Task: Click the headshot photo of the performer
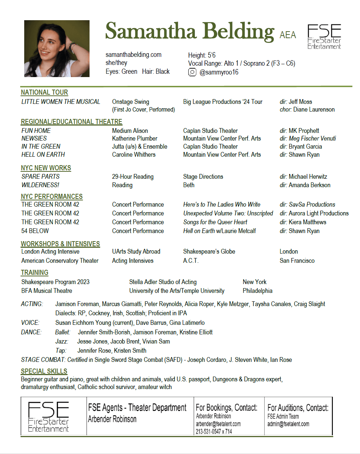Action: [x=57, y=48]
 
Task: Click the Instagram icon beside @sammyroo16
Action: [x=192, y=72]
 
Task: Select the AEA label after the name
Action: [x=288, y=35]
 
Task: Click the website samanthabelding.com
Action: [x=134, y=55]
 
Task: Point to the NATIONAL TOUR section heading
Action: [x=44, y=92]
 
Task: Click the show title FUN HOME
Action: [x=36, y=131]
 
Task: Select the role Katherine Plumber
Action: [x=135, y=138]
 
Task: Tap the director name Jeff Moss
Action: [x=300, y=102]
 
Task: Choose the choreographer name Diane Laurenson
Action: [x=314, y=109]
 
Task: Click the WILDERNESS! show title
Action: [x=40, y=185]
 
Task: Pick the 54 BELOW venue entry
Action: [x=35, y=231]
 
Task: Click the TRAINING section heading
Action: [x=34, y=273]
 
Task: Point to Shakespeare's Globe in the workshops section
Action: [x=209, y=251]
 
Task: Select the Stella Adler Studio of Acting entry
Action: [x=163, y=282]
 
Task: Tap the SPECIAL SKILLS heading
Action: [x=44, y=371]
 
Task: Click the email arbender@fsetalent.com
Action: [x=218, y=424]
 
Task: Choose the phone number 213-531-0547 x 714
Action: [x=214, y=432]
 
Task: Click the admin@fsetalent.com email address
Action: [x=288, y=424]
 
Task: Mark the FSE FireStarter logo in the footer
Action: [x=48, y=417]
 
